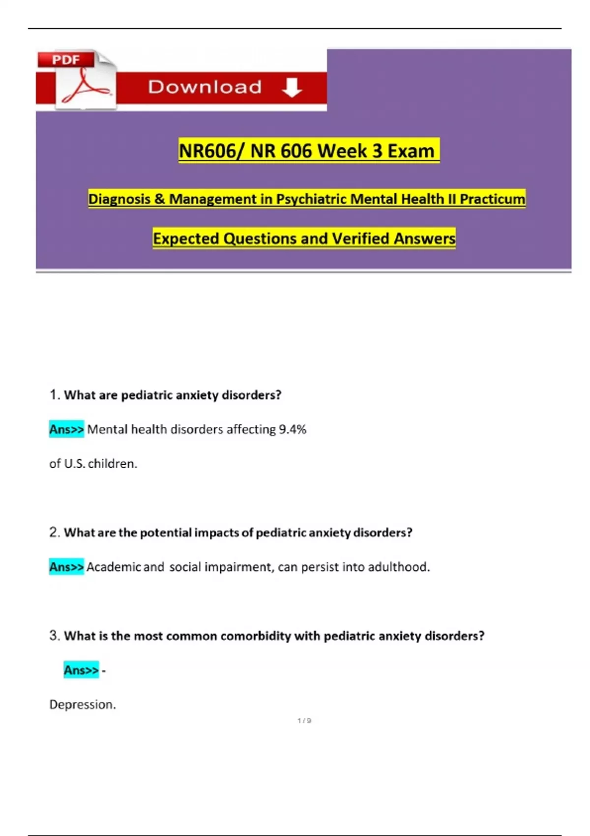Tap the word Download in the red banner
(205, 87)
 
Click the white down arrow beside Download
(292, 87)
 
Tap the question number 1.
(54, 395)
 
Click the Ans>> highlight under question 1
(66, 429)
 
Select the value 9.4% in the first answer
(293, 429)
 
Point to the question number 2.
(54, 533)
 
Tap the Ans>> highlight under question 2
(66, 567)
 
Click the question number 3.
(54, 636)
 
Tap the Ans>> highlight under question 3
(81, 670)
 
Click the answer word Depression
(82, 705)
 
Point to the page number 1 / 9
(304, 720)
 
